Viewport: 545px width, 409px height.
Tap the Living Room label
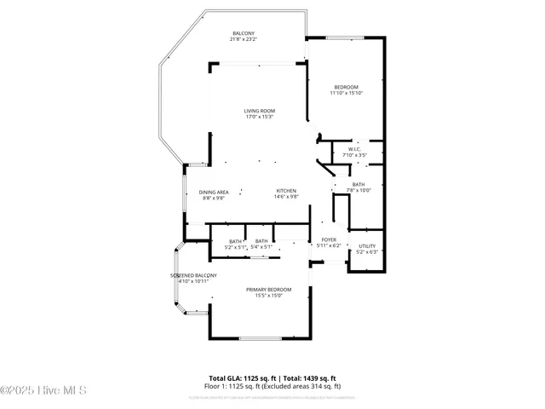(260, 111)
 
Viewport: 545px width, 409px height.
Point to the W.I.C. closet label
(354, 150)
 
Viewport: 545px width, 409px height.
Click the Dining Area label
(214, 193)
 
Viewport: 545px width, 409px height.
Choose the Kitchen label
(285, 191)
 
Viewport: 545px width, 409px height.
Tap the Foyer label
(328, 240)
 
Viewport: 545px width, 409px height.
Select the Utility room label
(366, 246)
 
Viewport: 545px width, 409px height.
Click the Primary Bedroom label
(263, 291)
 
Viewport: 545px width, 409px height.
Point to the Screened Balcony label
(193, 276)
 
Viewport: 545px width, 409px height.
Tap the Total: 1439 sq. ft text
(308, 377)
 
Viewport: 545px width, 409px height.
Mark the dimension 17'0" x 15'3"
(260, 117)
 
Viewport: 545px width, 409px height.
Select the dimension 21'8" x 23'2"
(243, 40)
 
